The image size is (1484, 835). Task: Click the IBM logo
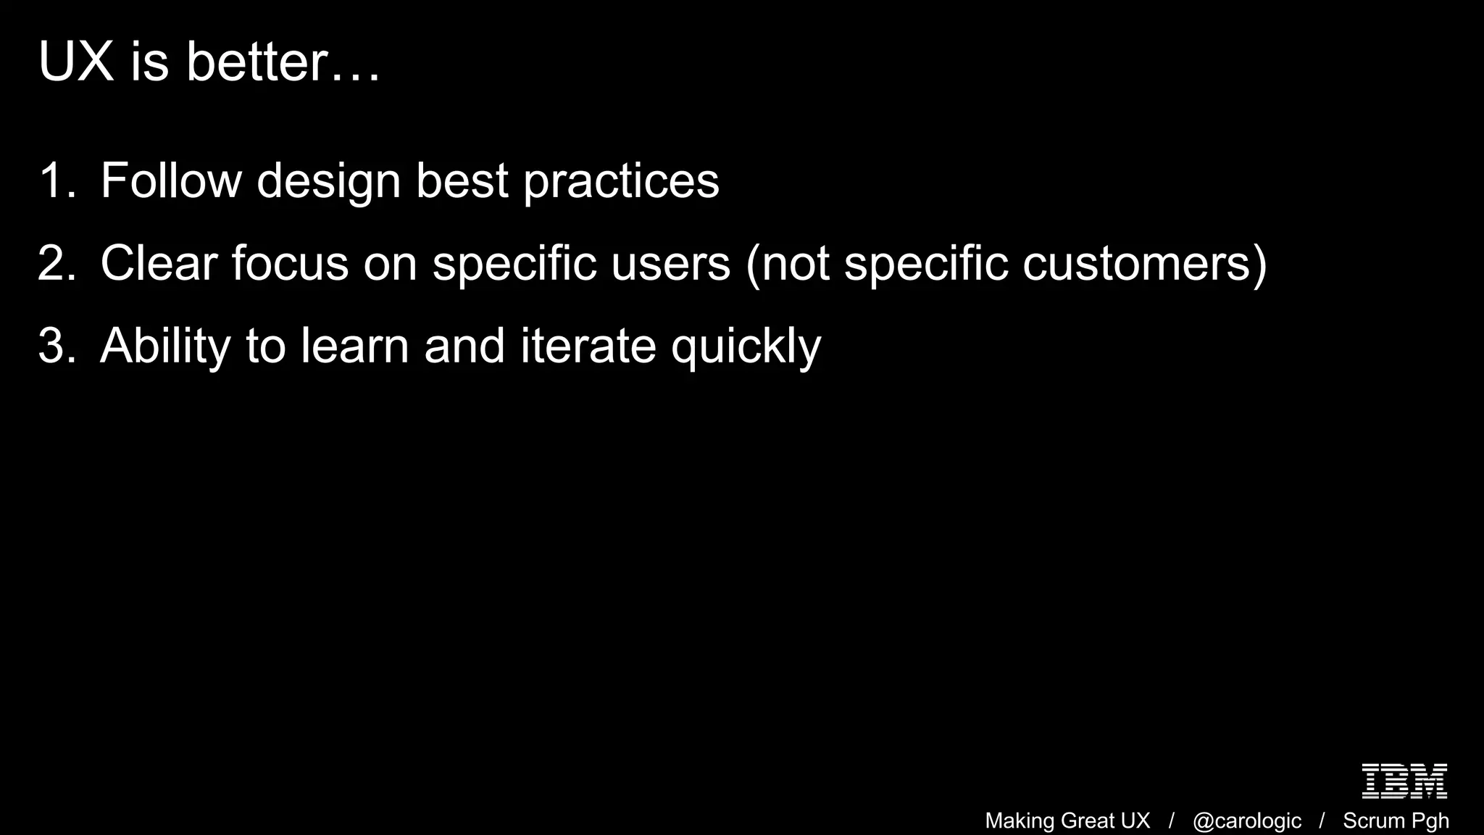(x=1404, y=781)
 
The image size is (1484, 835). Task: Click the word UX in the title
(x=76, y=62)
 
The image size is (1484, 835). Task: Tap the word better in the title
(x=257, y=62)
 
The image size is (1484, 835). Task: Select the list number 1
(x=55, y=180)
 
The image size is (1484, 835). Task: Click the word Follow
(x=171, y=180)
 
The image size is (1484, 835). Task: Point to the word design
(x=328, y=180)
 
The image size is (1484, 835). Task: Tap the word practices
(x=621, y=180)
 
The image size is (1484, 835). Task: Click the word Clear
(x=159, y=263)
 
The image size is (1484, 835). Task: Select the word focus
(x=290, y=263)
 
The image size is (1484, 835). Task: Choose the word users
(x=670, y=263)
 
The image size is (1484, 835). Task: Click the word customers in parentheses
(x=1136, y=263)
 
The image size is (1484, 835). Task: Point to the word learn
(x=355, y=346)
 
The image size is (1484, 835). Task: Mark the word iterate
(x=588, y=346)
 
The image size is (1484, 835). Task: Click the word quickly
(x=746, y=346)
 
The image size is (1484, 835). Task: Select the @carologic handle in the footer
(x=1246, y=821)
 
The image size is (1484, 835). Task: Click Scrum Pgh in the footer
(x=1396, y=821)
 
